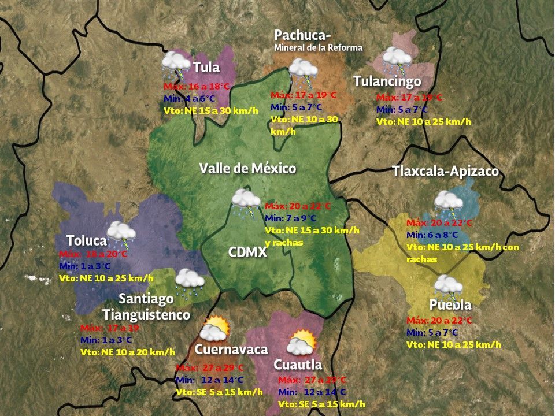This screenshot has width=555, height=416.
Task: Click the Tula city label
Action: coord(206,68)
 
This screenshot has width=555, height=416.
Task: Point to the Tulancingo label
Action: coord(387,81)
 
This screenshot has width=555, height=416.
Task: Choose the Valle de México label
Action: coord(247,168)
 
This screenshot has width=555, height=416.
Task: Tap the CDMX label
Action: coord(247,252)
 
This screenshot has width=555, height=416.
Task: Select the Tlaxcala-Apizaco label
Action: coord(445,172)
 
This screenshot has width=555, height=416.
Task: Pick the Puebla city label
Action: coord(450,304)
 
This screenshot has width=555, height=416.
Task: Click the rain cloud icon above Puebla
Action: coord(448,285)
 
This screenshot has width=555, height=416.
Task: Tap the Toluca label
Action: coord(87,240)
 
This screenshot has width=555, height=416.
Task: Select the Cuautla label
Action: coord(297,365)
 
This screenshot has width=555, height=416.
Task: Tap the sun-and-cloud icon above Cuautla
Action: coord(301,343)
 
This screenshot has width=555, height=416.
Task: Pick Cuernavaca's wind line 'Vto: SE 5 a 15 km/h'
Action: coord(219,392)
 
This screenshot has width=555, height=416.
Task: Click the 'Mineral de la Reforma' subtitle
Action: coord(318,47)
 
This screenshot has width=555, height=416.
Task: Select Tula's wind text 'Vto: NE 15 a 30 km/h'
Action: coord(210,110)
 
